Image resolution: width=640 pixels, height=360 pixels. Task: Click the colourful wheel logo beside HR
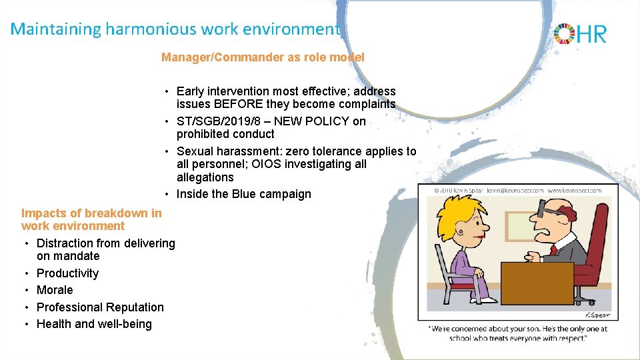(564, 33)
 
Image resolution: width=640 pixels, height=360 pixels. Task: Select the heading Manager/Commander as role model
(263, 57)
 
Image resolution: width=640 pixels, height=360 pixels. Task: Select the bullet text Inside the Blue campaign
(243, 194)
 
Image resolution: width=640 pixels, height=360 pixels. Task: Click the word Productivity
(67, 273)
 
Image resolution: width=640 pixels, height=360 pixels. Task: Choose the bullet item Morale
(55, 290)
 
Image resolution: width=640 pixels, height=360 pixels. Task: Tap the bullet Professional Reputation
(100, 307)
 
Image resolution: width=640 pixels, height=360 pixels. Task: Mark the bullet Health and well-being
(94, 324)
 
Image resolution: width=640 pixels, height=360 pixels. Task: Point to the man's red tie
(553, 250)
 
